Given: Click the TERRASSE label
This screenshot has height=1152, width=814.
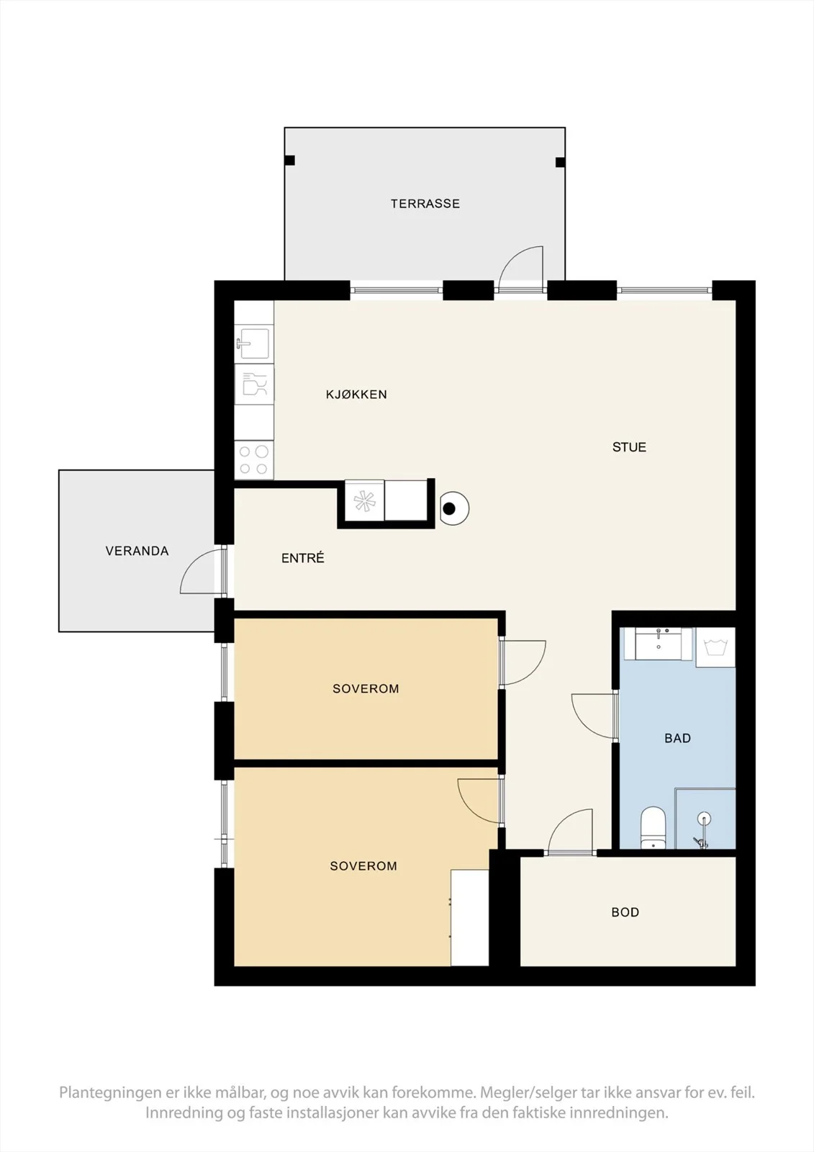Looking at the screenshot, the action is pyautogui.click(x=425, y=204).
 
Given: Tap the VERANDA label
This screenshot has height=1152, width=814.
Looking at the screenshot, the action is pyautogui.click(x=137, y=551).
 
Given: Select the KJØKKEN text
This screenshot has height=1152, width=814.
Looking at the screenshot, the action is pyautogui.click(x=356, y=395).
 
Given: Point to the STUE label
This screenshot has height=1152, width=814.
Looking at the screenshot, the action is pyautogui.click(x=630, y=447).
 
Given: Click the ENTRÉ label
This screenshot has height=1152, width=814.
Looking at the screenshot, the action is pyautogui.click(x=303, y=558).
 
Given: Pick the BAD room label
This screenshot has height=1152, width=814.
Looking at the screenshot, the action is pyautogui.click(x=678, y=738).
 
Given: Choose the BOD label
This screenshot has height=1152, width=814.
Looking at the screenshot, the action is pyautogui.click(x=625, y=912).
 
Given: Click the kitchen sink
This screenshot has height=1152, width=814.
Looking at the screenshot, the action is pyautogui.click(x=253, y=343).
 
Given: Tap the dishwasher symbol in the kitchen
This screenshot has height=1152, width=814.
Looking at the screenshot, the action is pyautogui.click(x=254, y=384).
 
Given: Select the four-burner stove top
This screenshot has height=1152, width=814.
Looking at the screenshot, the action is pyautogui.click(x=253, y=460).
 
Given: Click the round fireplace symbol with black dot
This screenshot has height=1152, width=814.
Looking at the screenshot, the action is pyautogui.click(x=455, y=508).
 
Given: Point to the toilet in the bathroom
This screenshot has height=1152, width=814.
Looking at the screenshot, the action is pyautogui.click(x=653, y=828).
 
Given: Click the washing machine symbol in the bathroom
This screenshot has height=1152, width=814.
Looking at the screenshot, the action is pyautogui.click(x=715, y=647).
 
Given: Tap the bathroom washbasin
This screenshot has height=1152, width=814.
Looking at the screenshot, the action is pyautogui.click(x=659, y=643).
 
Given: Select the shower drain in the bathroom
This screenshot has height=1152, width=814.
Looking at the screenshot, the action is pyautogui.click(x=704, y=818).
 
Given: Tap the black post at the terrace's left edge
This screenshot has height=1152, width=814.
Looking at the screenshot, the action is pyautogui.click(x=289, y=161).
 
